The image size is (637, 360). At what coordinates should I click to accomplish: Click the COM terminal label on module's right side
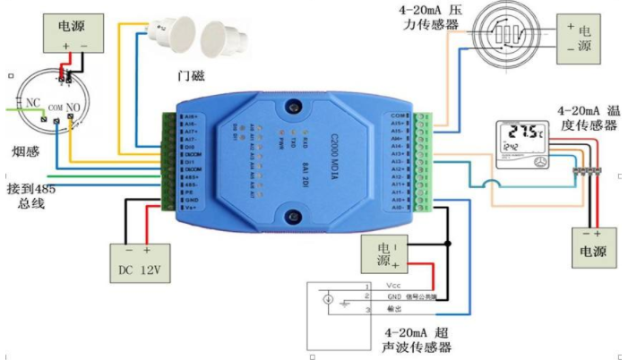coord(400,116)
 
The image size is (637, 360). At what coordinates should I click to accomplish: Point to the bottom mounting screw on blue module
coord(293,216)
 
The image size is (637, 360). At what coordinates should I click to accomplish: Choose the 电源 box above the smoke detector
coord(76,35)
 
